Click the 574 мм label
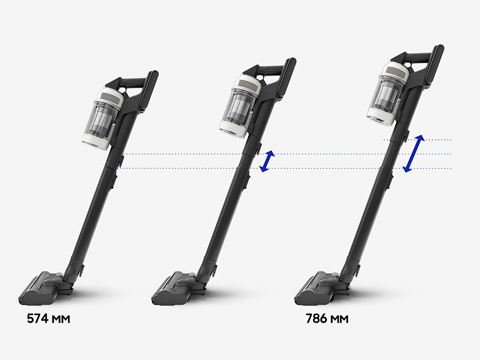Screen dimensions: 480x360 pos(48,319)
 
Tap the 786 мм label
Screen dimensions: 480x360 pos(327,319)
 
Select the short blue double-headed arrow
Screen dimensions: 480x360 pos(267,161)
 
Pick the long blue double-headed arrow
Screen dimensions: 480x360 pos(414,153)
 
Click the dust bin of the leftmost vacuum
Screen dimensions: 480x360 pos(101,119)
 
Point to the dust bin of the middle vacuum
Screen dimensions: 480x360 pos(239,107)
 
